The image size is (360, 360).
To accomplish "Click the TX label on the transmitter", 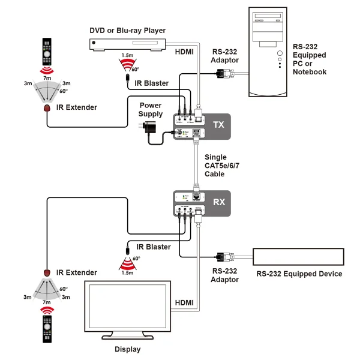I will pos(218,125).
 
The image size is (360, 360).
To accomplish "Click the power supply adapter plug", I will pos(149,128).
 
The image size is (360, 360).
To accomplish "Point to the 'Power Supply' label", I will pos(151,110).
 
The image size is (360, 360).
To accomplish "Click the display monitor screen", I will pos(128,310).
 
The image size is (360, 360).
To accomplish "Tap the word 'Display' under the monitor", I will pos(127,349).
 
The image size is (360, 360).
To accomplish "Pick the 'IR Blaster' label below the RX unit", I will pos(154,247).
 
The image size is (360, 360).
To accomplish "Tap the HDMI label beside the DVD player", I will pos(184,52).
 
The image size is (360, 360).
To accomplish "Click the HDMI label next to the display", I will pos(184,302).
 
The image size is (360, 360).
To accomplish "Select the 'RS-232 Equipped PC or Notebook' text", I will pos(310,59).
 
